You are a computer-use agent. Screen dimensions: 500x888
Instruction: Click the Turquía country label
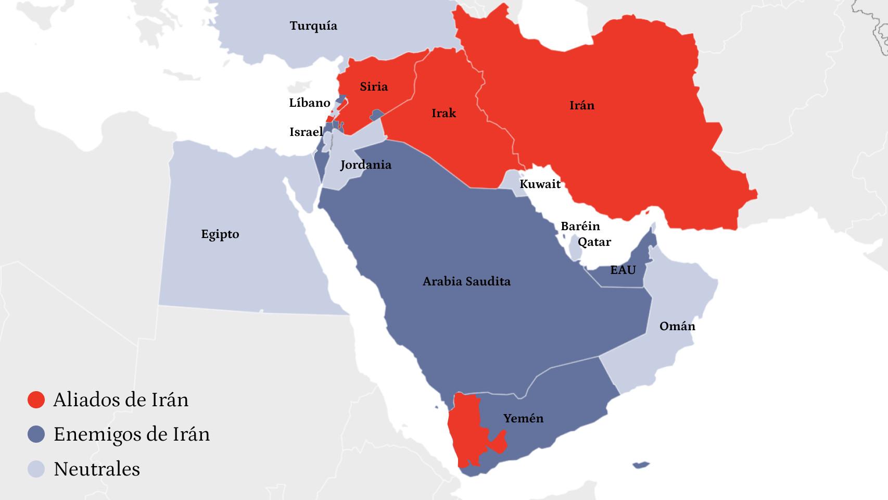point(313,26)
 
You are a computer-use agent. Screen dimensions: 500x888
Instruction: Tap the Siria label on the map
point(374,86)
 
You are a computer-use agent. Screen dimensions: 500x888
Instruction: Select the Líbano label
point(309,103)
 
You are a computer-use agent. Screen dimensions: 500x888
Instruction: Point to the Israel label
point(306,132)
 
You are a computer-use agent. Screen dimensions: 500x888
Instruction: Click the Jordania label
point(365,165)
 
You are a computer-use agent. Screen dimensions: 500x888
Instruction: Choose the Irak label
point(443,113)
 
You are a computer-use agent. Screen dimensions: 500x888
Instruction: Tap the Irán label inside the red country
point(581,105)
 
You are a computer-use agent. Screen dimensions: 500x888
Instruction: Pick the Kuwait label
point(540,183)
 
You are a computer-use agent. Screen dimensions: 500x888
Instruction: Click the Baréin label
point(580,226)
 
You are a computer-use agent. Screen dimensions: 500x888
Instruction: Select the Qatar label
point(594,242)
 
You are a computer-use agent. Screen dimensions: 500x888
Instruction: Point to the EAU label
point(623,270)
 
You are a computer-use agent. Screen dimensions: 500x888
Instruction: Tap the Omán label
point(677,326)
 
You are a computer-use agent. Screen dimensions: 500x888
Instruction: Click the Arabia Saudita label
point(466,281)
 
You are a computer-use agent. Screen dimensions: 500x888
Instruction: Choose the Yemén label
point(523,418)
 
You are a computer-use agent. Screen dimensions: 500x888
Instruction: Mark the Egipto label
point(220,234)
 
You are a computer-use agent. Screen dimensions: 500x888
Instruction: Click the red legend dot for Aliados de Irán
point(36,399)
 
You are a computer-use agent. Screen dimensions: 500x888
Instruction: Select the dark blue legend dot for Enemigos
point(36,434)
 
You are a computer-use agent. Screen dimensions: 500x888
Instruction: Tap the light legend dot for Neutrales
point(36,469)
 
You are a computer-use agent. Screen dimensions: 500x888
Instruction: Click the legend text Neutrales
point(97,469)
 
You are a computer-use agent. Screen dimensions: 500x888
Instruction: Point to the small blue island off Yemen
point(641,465)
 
